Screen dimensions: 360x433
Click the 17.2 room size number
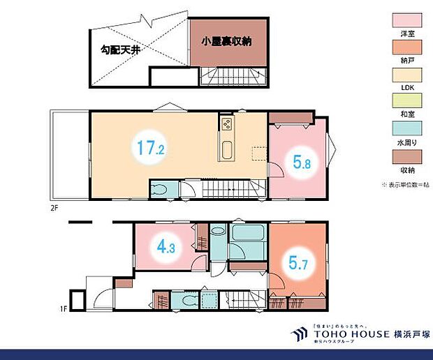coord(151,148)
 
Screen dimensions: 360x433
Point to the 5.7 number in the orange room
coord(297,263)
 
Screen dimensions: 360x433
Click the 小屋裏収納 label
coord(227,41)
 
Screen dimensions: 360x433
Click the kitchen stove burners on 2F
coord(227,125)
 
